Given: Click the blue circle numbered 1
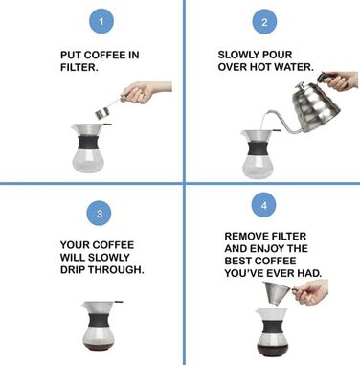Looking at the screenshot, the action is click(101, 22).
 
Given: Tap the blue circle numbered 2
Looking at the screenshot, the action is click(264, 22).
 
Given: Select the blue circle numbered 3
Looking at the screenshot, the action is click(100, 213).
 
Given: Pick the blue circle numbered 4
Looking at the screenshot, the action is click(263, 205).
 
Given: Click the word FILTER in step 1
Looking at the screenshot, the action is click(79, 67).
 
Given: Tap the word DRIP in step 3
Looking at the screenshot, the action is click(73, 269).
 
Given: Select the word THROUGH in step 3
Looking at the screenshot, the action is click(116, 269).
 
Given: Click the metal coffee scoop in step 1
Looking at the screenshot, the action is click(107, 108).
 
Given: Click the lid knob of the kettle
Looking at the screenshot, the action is click(301, 85).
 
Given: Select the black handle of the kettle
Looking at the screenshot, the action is click(328, 78).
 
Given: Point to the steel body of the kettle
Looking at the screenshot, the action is click(316, 108).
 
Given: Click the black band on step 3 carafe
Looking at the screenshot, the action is click(100, 320).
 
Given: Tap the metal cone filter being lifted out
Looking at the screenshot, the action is click(278, 293).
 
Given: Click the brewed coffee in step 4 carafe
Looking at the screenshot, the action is click(272, 350).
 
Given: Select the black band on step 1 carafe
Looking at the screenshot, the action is click(88, 143).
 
